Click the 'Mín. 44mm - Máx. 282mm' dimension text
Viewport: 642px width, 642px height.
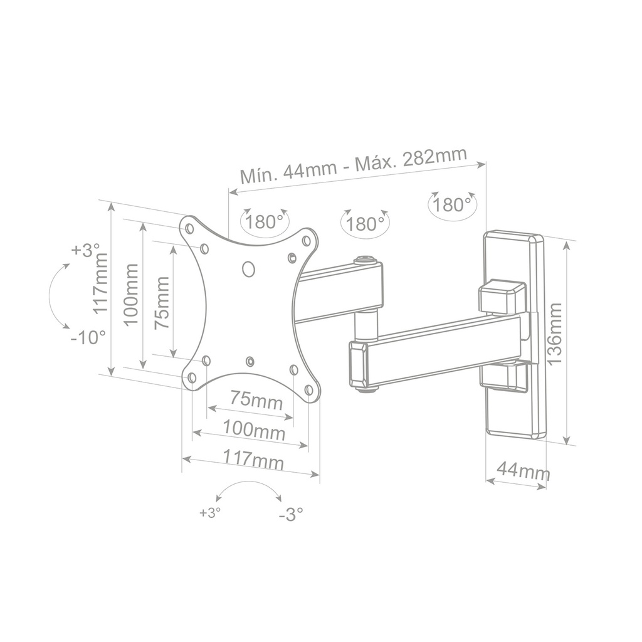tap(354, 164)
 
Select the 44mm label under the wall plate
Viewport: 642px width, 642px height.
tap(523, 470)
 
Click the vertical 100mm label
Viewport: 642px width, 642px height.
tap(131, 293)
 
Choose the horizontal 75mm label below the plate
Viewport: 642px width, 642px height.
tap(256, 399)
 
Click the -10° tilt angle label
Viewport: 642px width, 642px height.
tap(88, 337)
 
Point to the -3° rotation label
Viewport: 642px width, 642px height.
tap(291, 515)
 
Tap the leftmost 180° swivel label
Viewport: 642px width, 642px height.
tap(263, 222)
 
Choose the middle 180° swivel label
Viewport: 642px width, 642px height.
tap(364, 223)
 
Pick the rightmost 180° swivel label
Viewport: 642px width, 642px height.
tap(452, 204)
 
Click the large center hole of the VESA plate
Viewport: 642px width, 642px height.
tap(249, 268)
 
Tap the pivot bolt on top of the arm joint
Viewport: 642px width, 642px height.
tap(364, 259)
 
